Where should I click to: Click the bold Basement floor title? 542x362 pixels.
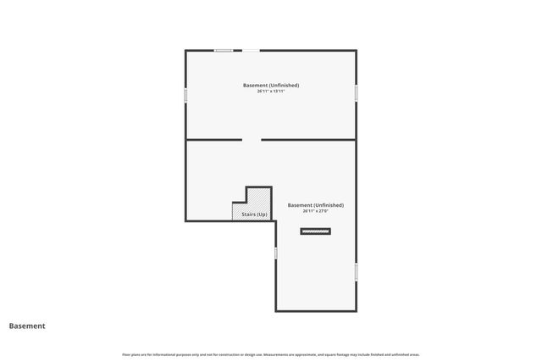click(x=27, y=326)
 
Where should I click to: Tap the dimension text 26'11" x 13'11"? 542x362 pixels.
click(x=271, y=91)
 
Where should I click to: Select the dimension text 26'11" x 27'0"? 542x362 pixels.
click(x=315, y=210)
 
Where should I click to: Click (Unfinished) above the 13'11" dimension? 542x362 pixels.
click(x=285, y=85)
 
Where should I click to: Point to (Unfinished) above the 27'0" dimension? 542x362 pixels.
click(x=329, y=205)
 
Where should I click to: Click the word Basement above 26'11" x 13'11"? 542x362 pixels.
click(x=256, y=85)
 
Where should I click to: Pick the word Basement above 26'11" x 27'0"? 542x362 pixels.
click(x=301, y=205)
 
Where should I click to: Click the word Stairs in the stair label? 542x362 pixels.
click(x=249, y=214)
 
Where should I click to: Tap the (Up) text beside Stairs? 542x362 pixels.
click(x=263, y=214)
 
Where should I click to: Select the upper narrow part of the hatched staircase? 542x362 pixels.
click(x=259, y=195)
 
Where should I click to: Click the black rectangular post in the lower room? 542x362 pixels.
click(x=316, y=231)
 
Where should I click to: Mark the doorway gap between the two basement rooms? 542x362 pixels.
click(x=252, y=139)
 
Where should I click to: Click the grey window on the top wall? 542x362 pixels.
click(x=224, y=51)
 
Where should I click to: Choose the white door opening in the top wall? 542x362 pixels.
click(x=252, y=51)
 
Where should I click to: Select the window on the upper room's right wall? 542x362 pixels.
click(x=357, y=91)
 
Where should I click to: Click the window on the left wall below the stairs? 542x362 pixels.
click(x=275, y=253)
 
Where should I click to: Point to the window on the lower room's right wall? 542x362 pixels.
click(x=357, y=271)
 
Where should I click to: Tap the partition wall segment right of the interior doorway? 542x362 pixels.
click(x=308, y=139)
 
